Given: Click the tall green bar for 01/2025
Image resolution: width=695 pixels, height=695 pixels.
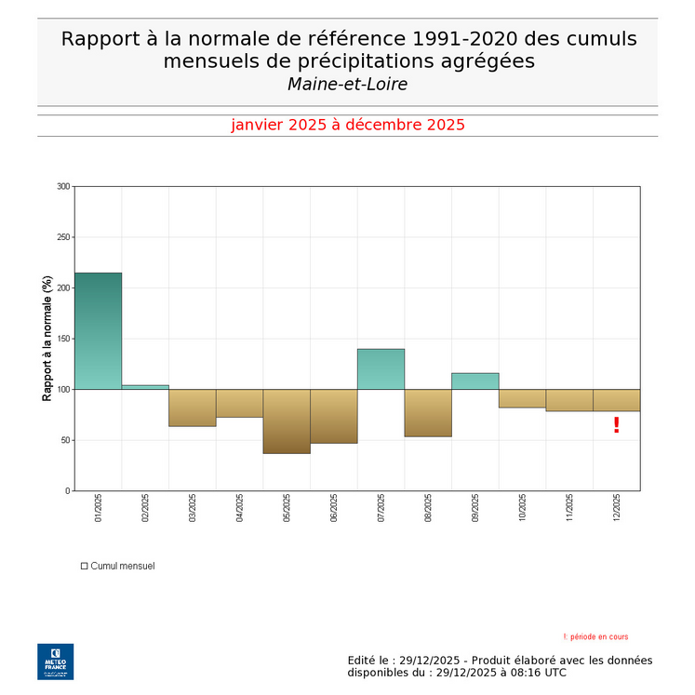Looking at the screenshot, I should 98,330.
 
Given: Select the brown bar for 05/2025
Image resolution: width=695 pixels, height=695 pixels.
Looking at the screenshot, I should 287,421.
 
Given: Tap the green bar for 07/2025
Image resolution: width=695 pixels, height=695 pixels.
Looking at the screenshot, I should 381,368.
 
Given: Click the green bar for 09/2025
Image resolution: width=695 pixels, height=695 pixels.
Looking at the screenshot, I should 474,381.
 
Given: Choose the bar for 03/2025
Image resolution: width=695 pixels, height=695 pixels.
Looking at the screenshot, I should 192,408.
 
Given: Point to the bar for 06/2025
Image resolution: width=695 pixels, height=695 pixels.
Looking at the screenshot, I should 333,416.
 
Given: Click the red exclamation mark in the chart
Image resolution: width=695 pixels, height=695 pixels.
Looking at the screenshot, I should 616,425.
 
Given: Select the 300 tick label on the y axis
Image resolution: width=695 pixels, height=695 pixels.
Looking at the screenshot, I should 63,186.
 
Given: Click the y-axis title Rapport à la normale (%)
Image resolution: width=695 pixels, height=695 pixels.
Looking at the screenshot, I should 47,339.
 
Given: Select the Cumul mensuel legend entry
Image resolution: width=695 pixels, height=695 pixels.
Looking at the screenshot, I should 118,566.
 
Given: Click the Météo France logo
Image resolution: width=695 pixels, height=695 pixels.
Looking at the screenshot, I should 55,661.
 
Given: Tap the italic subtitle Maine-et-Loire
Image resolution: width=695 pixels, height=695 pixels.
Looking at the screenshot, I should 347,85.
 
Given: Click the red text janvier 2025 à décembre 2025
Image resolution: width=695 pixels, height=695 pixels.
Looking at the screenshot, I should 347,125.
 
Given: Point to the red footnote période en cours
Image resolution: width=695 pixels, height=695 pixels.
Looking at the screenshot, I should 595,637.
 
